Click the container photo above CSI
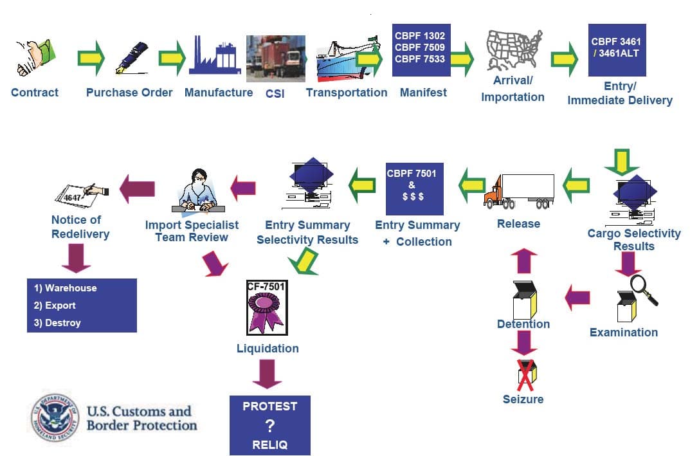tap(276, 58)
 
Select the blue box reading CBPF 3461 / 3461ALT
tap(616, 50)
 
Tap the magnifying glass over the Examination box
tap(642, 289)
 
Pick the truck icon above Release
tap(518, 191)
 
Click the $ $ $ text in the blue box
tap(413, 197)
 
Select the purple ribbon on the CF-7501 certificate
tap(265, 312)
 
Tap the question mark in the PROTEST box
tap(269, 425)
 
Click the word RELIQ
tap(269, 444)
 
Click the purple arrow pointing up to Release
tap(524, 261)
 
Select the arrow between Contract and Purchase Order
tap(91, 57)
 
